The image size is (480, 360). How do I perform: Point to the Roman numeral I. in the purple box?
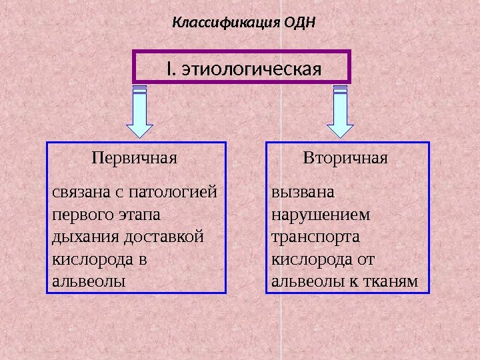click(x=171, y=68)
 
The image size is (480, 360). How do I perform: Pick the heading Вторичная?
click(x=345, y=159)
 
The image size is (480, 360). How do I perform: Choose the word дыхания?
click(x=78, y=237)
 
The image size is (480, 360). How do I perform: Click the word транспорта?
click(x=315, y=237)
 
